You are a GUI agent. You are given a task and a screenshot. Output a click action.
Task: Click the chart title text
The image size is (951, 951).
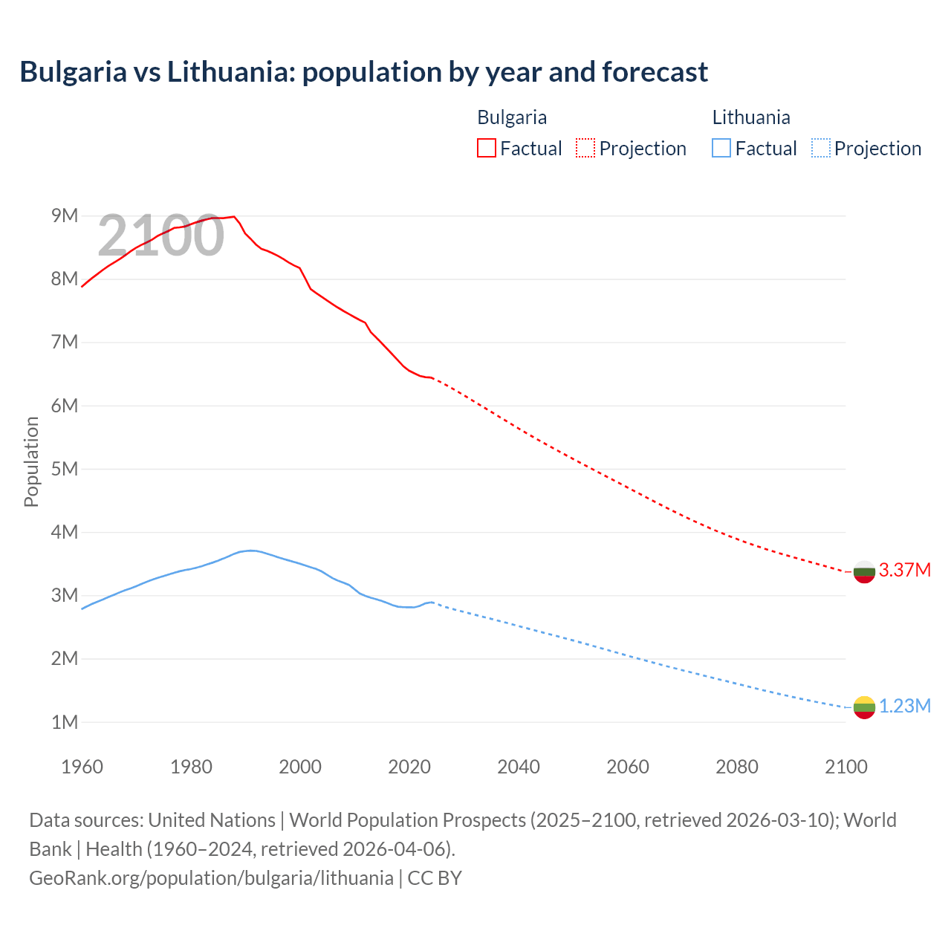[x=363, y=72]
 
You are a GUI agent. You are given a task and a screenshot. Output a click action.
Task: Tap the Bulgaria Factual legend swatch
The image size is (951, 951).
[x=486, y=148]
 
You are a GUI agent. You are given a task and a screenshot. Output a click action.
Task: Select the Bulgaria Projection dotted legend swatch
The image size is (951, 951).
[x=585, y=148]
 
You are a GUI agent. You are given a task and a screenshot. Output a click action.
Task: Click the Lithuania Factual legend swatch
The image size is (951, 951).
[x=721, y=148]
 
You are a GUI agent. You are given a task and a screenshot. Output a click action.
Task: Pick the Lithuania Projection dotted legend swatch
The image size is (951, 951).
[x=820, y=148]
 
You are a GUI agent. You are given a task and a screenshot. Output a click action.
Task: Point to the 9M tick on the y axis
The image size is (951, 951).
[x=65, y=215]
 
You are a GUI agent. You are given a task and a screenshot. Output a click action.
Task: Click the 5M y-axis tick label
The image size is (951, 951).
[x=65, y=469]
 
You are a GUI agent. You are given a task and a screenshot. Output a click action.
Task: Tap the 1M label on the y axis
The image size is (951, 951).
[x=65, y=722]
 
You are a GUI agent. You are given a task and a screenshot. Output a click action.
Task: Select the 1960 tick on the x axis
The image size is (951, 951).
[x=82, y=767]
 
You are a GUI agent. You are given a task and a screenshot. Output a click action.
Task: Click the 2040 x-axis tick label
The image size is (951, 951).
[x=519, y=767]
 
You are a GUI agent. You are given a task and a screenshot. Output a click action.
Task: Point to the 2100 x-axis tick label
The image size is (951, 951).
[x=846, y=767]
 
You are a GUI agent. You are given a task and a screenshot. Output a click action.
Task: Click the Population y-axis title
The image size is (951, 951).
[x=31, y=461]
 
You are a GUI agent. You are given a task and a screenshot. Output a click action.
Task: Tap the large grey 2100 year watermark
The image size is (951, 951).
[x=160, y=236]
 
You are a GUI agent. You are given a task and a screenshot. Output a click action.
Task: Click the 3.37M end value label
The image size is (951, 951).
[x=904, y=570]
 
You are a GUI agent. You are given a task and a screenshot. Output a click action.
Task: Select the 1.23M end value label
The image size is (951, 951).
[x=904, y=706]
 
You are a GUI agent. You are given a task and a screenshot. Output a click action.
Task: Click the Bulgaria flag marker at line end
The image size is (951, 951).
[x=863, y=571]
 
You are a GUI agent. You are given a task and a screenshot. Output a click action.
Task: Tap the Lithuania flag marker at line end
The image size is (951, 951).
[x=863, y=707]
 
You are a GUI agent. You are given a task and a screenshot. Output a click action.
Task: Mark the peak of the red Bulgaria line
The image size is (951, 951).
[x=234, y=216]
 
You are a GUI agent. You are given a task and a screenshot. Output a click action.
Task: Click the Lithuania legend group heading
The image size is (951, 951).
[x=750, y=117]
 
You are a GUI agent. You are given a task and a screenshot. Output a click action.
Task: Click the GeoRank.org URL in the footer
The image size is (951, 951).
[x=211, y=877]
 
